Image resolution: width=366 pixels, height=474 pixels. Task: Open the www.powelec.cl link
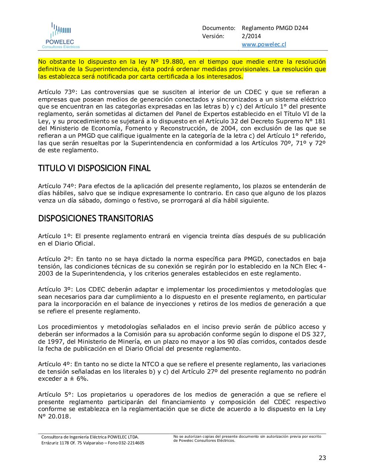click(264, 44)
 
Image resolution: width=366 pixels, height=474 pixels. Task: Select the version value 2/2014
click(251, 36)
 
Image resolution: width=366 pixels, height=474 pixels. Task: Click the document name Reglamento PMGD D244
click(275, 28)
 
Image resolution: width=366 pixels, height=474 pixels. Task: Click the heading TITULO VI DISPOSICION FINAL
click(94, 168)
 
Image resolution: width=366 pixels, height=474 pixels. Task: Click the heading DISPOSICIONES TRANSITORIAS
click(95, 218)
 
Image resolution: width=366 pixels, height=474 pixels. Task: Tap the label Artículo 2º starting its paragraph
click(55, 259)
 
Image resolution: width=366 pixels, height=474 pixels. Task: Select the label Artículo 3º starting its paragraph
click(55, 290)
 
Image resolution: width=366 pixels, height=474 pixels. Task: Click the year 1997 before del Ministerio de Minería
click(54, 341)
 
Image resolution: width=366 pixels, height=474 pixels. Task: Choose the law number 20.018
click(58, 417)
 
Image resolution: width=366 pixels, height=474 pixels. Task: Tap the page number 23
click(322, 458)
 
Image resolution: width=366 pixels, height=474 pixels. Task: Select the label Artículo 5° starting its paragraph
click(55, 395)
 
